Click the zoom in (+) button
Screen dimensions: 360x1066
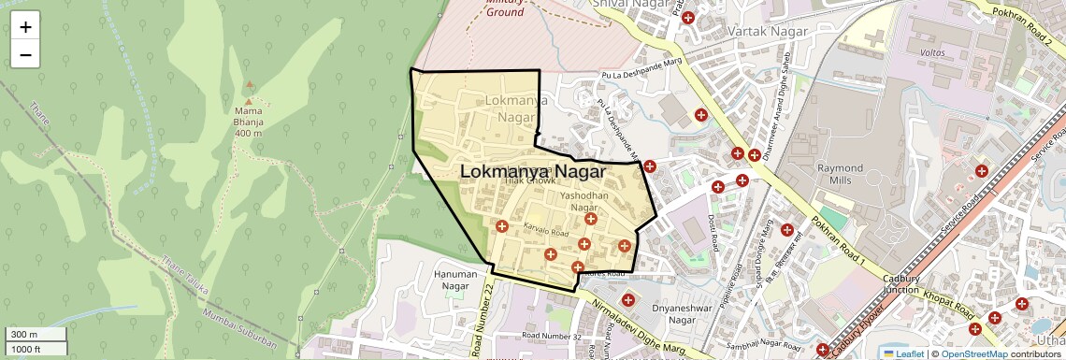(x=25, y=26)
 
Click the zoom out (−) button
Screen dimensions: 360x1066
(x=25, y=54)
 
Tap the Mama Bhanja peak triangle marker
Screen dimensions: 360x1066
(x=249, y=99)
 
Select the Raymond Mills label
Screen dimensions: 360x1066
(x=840, y=173)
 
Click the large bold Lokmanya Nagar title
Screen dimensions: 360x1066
(x=533, y=173)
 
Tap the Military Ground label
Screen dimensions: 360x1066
(x=506, y=8)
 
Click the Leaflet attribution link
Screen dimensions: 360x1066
(x=903, y=353)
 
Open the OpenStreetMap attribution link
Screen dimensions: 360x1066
(x=973, y=353)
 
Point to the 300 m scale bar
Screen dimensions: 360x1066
(x=34, y=335)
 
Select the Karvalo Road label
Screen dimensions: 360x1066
(x=547, y=230)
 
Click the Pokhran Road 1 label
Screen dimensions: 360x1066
(x=839, y=241)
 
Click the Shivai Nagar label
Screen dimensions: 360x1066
(x=627, y=5)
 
